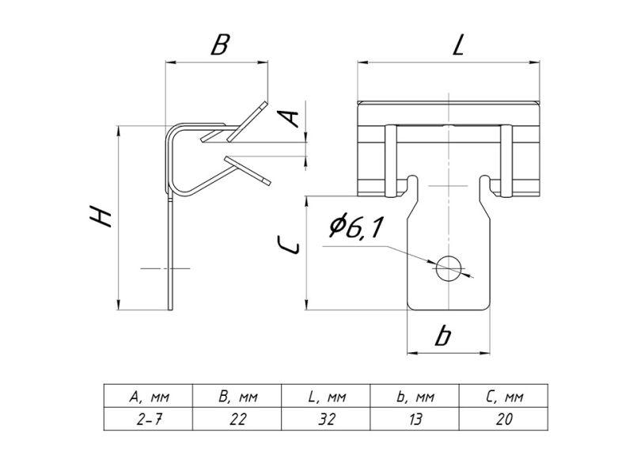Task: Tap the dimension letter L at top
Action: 457,46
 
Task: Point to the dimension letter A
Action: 291,119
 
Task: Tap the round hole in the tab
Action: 449,267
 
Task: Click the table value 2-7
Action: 149,419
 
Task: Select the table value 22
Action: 237,419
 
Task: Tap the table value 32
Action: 326,419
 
